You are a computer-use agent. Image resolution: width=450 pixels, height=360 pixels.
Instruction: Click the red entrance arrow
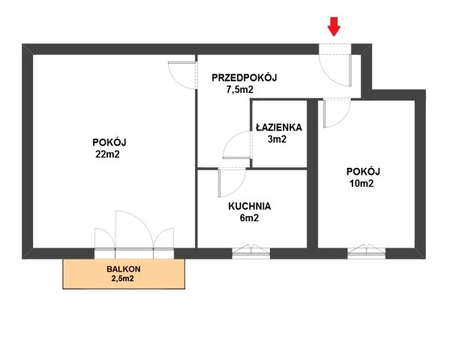tap(334, 26)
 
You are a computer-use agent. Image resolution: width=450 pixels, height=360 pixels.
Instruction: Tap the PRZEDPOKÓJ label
tap(244, 77)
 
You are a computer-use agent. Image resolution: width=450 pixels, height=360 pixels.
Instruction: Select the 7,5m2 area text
tap(240, 89)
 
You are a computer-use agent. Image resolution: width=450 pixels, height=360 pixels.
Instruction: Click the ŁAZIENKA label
tap(279, 127)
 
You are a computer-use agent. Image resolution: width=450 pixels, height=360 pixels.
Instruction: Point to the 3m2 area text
tap(277, 139)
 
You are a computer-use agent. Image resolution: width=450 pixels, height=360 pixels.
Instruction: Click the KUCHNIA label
tap(250, 206)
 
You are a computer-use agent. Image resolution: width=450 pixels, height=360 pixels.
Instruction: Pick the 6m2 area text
tap(249, 218)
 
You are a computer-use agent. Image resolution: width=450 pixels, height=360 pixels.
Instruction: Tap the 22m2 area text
tap(107, 154)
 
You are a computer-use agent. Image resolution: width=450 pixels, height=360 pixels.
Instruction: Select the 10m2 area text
tap(361, 184)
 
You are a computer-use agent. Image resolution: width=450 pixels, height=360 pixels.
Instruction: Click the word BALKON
tap(124, 269)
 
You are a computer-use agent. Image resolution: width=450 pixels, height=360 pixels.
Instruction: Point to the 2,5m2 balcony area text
tap(122, 278)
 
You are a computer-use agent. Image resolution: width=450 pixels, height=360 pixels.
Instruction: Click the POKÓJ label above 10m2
tap(363, 172)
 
